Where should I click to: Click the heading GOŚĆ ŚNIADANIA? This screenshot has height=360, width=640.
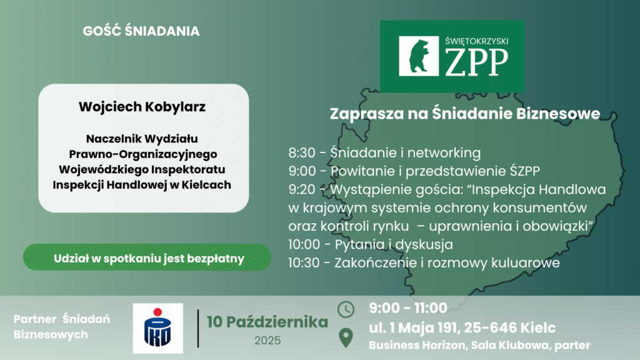(141, 31)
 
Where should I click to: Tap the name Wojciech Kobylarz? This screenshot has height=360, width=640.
(142, 106)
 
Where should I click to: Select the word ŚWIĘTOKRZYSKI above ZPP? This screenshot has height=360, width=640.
(477, 41)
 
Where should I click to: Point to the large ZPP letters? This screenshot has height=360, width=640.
(476, 62)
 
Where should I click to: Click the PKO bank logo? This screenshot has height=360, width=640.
(157, 328)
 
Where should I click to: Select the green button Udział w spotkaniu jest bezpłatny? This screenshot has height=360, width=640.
(147, 257)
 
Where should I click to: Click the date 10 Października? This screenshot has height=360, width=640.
(267, 322)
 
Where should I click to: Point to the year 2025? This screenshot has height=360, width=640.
(267, 341)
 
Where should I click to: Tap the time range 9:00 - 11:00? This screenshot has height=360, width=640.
(408, 308)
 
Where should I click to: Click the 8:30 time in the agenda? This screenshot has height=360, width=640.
(302, 152)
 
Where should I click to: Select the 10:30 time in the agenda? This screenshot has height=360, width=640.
(304, 263)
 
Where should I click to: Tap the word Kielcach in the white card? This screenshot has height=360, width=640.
(206, 185)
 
